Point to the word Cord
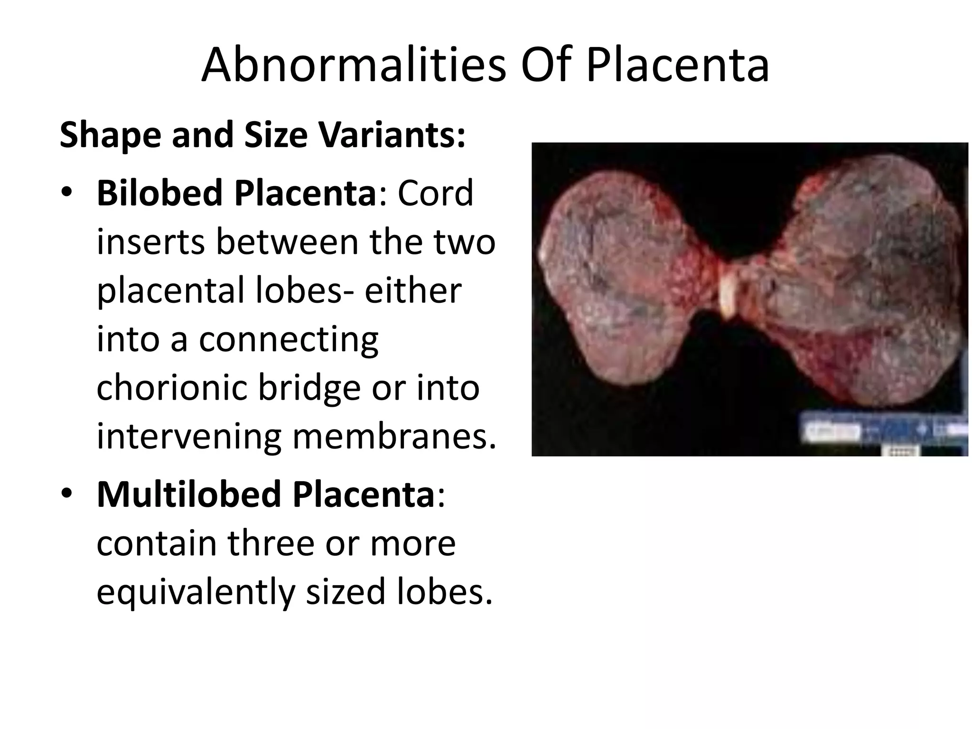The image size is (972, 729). click(x=435, y=193)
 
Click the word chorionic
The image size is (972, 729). click(x=172, y=387)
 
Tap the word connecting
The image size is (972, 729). click(x=289, y=339)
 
